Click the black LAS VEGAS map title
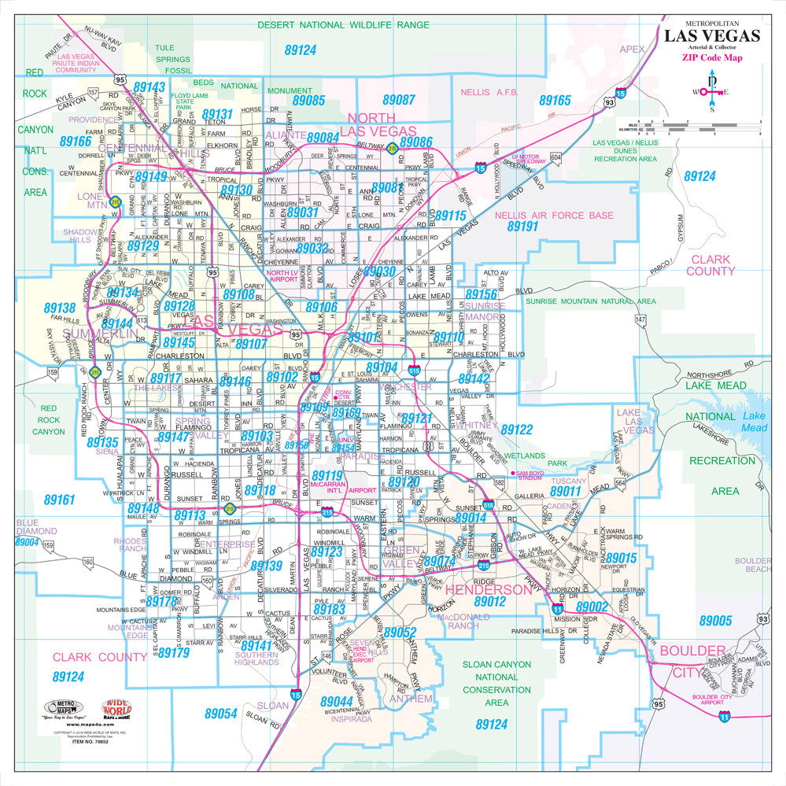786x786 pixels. click(x=712, y=35)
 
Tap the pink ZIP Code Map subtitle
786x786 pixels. click(x=711, y=57)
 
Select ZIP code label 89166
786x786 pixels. click(x=76, y=142)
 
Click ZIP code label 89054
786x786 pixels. click(x=221, y=713)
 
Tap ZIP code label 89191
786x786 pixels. click(x=522, y=226)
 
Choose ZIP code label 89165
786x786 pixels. click(x=555, y=101)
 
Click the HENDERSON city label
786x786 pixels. click(x=489, y=589)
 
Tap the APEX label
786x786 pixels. click(x=631, y=49)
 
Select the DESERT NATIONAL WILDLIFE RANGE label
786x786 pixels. click(x=344, y=25)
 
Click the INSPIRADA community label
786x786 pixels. click(x=351, y=718)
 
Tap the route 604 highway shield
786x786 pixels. click(x=556, y=158)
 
